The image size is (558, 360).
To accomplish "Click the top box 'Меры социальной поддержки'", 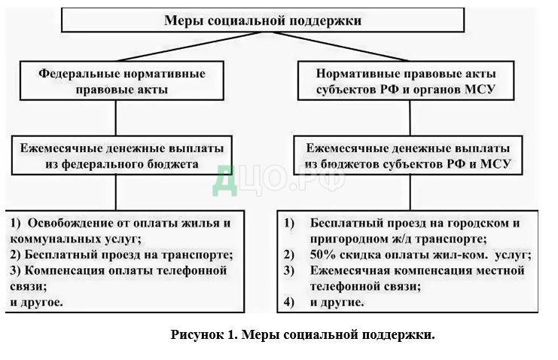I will coord(263,21).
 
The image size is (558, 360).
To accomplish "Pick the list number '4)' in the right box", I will coord(290,302).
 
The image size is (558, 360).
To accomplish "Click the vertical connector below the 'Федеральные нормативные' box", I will coord(115,118).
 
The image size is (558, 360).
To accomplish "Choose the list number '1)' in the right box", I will coord(290,224).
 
